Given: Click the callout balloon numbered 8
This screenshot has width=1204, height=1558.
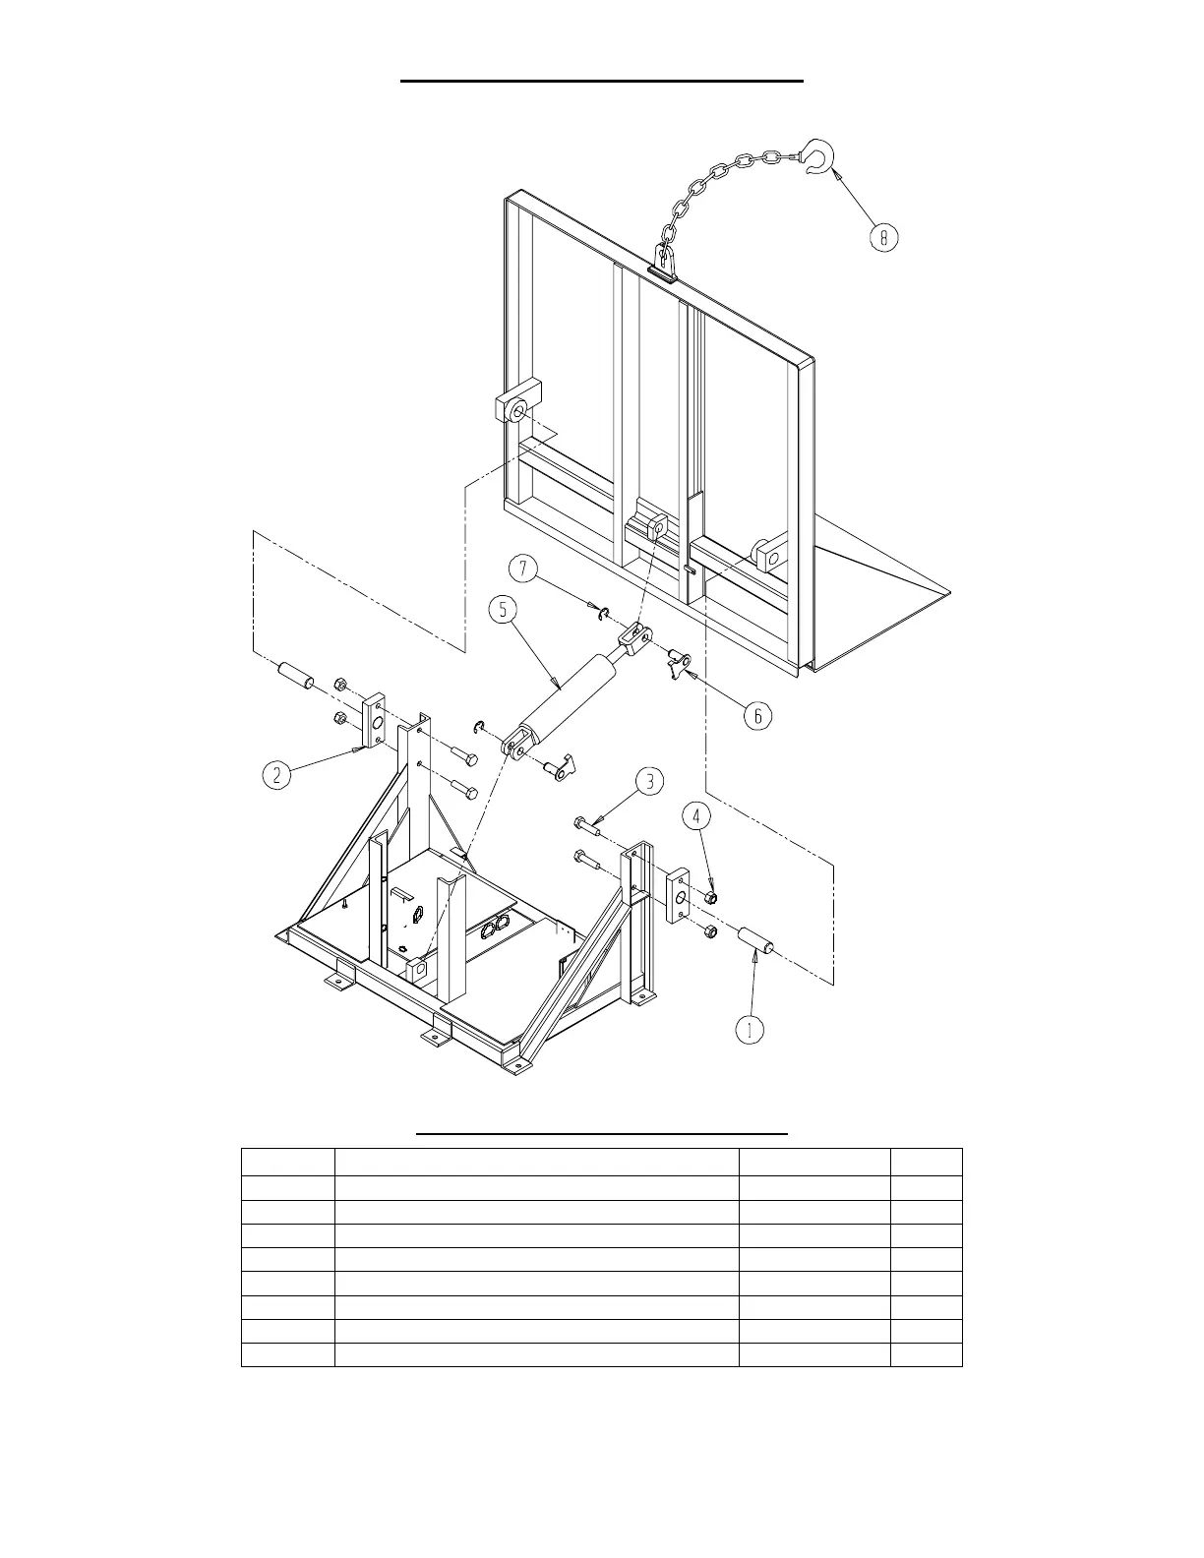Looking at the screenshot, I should tap(883, 237).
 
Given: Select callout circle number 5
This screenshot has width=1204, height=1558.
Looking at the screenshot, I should tap(503, 610).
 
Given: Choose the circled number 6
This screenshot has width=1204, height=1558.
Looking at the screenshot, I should tap(757, 715).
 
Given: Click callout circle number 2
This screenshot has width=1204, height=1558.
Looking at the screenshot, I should tap(277, 775).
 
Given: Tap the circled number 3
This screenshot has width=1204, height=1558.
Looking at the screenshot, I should tap(649, 782).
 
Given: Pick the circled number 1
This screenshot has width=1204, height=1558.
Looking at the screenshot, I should tap(751, 1029).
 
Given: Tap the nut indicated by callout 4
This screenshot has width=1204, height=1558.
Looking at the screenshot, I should tap(712, 897).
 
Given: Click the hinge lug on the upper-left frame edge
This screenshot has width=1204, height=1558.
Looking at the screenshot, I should tap(516, 404).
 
